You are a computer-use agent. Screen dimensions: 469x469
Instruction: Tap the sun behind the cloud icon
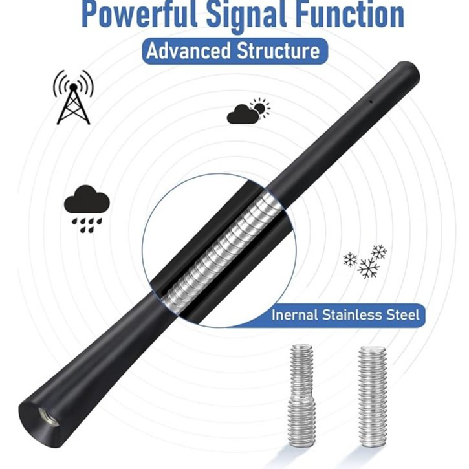coord(260,107)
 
